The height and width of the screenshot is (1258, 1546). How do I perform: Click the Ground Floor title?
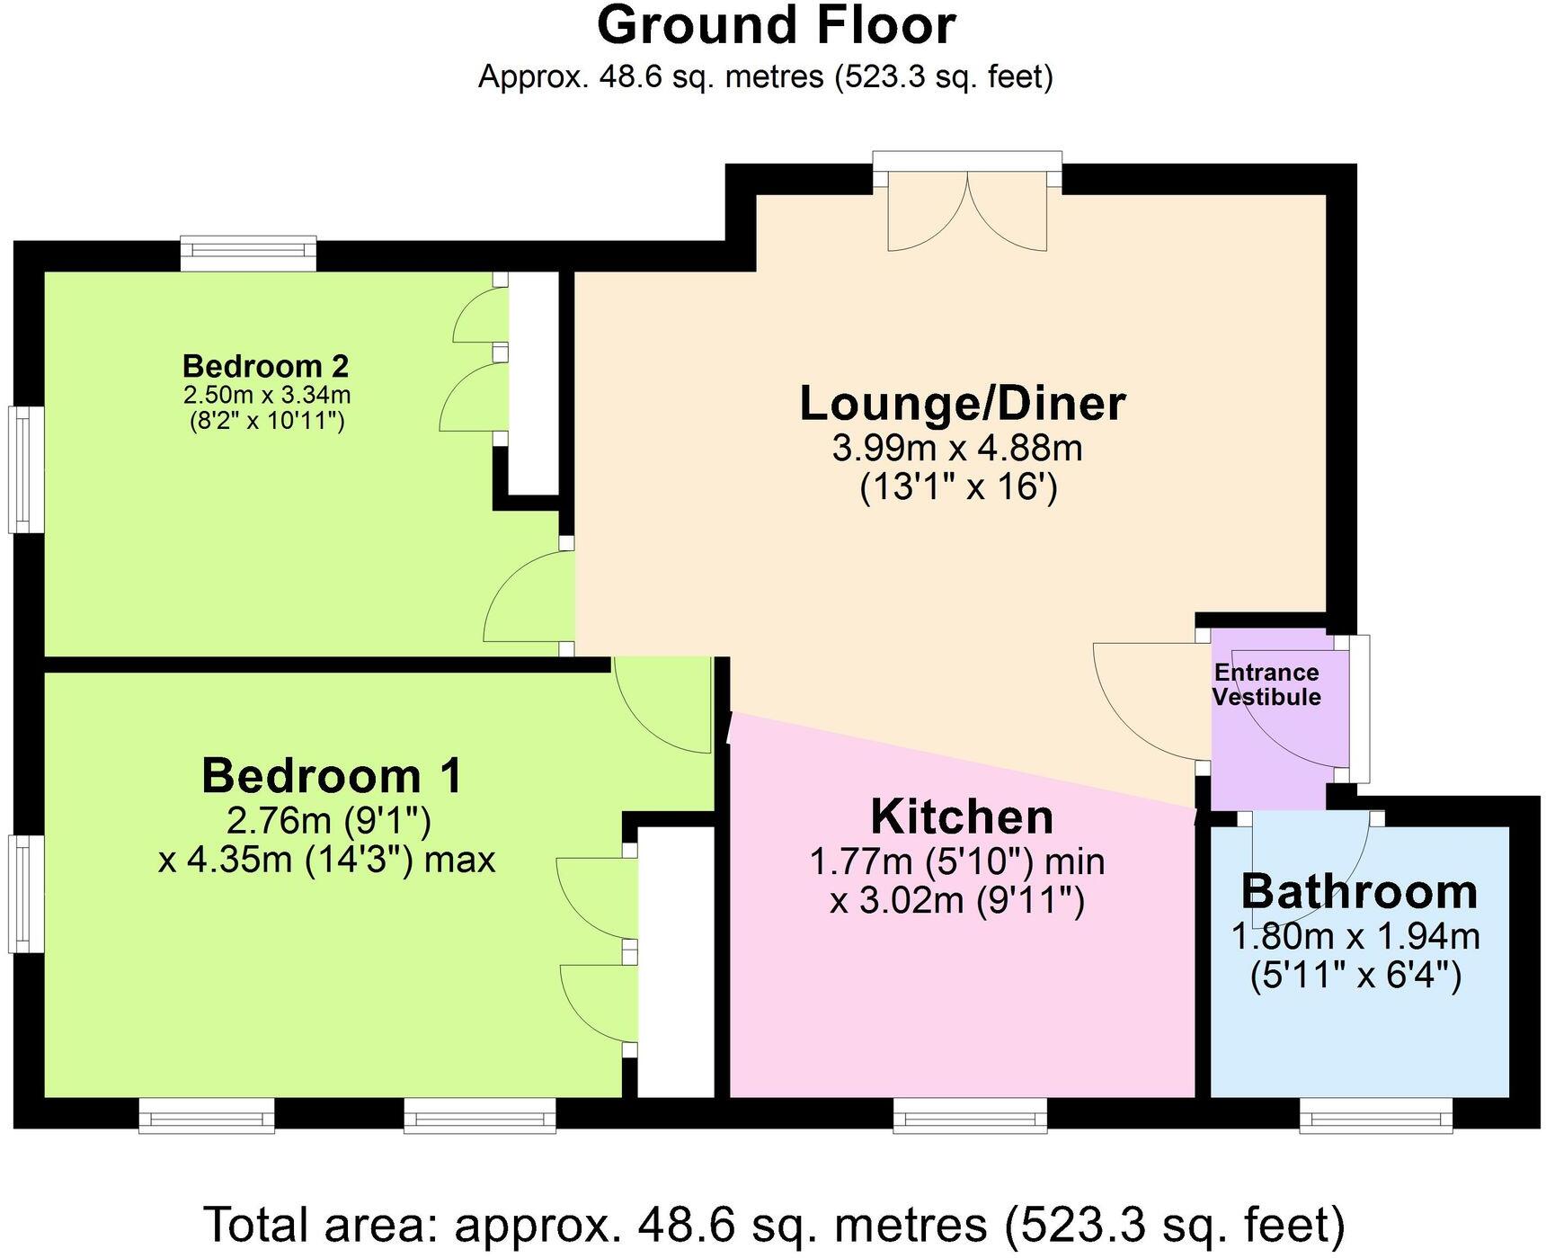(x=776, y=25)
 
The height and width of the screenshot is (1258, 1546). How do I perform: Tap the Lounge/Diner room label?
(x=963, y=404)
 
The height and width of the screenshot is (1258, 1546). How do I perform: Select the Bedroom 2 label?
(x=266, y=366)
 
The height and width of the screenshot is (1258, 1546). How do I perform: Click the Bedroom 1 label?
(x=332, y=775)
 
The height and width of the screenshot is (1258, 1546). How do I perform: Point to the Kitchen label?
(x=962, y=816)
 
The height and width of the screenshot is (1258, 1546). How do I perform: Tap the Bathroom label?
(x=1359, y=891)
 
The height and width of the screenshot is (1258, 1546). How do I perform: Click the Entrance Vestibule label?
(x=1266, y=684)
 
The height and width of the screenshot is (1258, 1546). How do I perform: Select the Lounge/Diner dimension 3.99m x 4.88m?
(x=957, y=447)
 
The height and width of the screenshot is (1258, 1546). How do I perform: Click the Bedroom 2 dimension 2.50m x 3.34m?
(x=267, y=395)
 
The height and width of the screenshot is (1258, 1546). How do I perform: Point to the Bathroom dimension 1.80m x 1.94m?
(x=1355, y=936)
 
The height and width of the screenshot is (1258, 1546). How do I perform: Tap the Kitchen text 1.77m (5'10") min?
(x=957, y=861)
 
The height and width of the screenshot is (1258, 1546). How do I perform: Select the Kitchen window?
(x=970, y=1115)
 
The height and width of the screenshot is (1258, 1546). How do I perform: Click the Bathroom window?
(x=1376, y=1115)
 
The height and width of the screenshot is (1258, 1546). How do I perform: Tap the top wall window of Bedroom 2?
(x=248, y=254)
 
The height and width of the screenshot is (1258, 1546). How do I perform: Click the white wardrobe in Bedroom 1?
(x=675, y=961)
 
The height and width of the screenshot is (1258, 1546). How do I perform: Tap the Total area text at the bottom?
(x=775, y=1224)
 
